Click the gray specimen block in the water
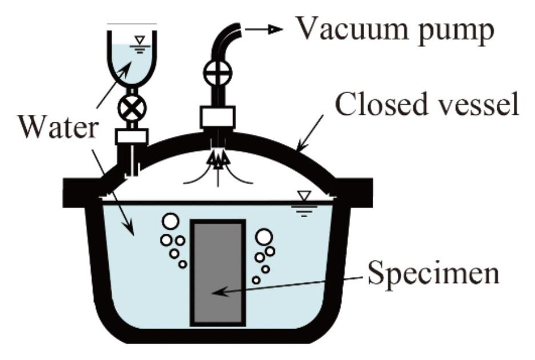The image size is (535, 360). point(217,271)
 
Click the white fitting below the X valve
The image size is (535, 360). point(131,135)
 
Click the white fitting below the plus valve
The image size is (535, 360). point(218,117)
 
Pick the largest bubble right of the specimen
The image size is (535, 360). point(264,237)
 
